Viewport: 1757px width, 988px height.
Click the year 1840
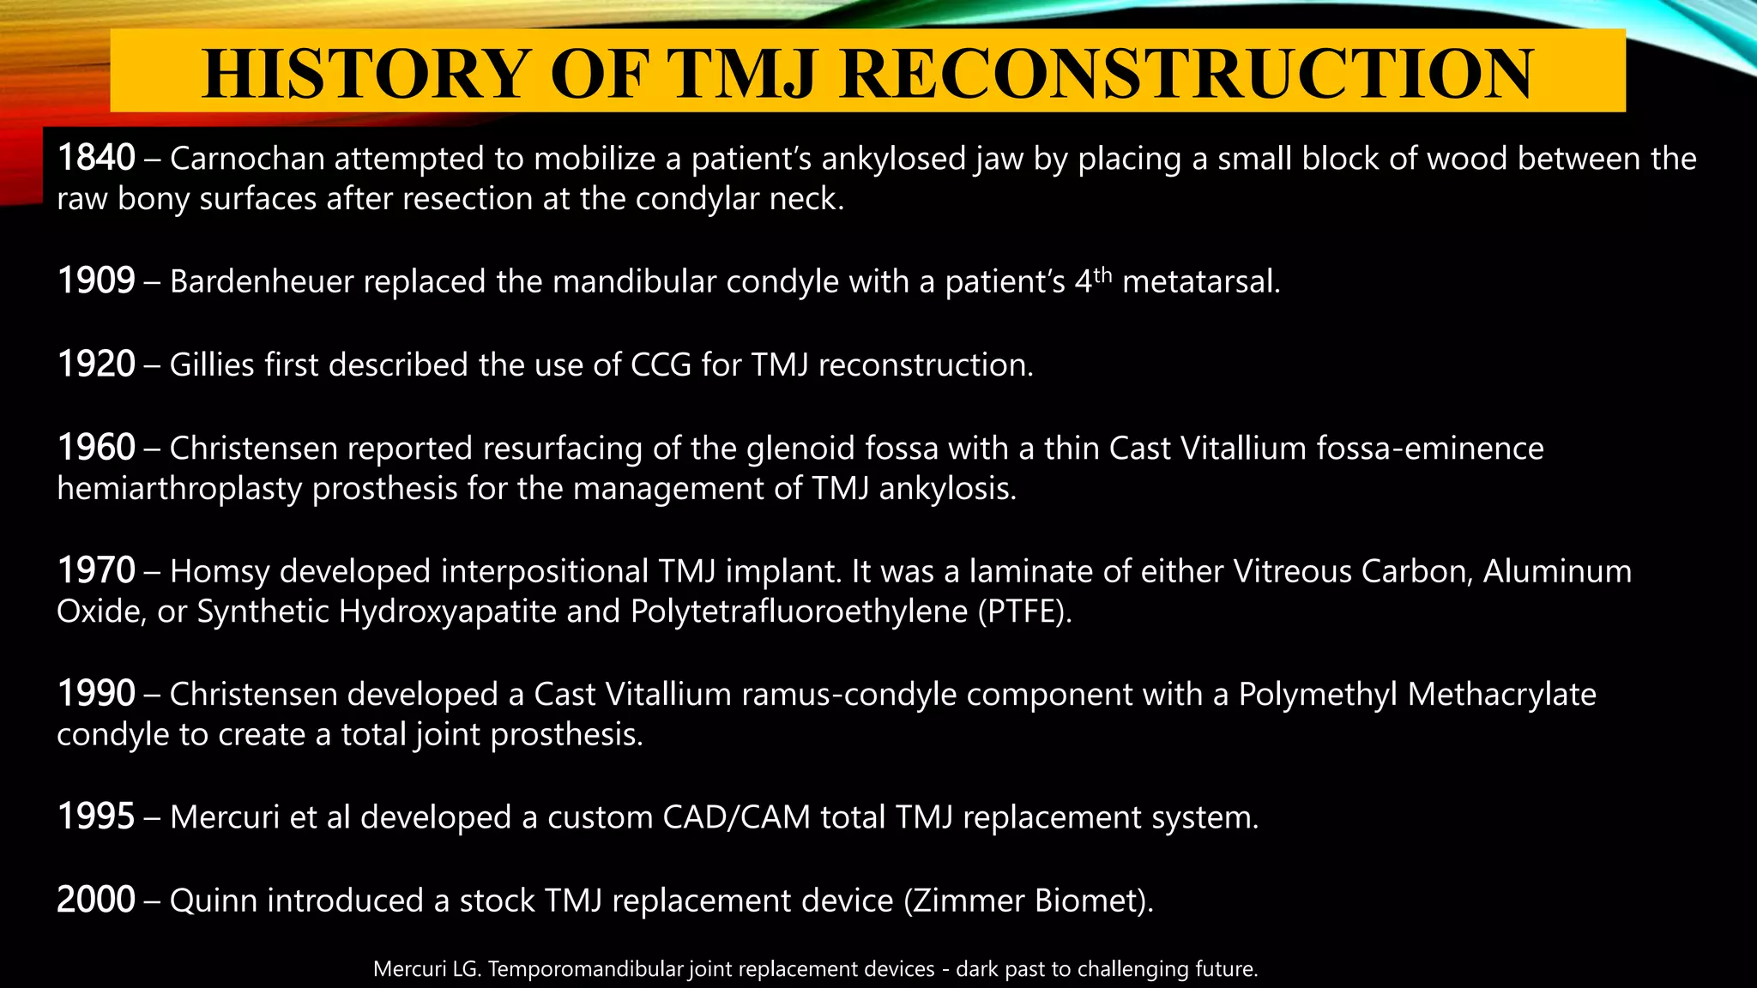[96, 159]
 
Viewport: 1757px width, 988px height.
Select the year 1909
[96, 281]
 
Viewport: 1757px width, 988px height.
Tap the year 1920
[96, 364]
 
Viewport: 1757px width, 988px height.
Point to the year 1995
[96, 816]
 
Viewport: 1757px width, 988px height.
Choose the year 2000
[96, 901]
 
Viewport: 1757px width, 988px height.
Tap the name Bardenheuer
[262, 281]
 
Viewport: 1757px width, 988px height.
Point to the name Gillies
[212, 364]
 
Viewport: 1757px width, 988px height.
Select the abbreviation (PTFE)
[1024, 611]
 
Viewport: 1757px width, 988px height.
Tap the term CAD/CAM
[736, 816]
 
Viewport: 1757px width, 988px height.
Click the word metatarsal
[1201, 281]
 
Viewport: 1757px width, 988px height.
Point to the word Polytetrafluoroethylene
[799, 611]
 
